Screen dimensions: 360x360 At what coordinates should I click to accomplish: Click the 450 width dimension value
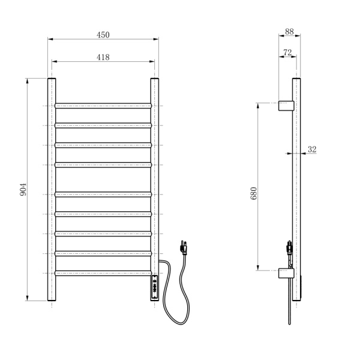click(x=103, y=35)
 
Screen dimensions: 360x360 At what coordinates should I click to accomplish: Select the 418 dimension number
click(x=103, y=57)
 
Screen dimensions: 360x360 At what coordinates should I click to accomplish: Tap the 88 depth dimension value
click(x=289, y=32)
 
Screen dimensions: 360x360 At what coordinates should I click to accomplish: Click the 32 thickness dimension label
click(x=312, y=149)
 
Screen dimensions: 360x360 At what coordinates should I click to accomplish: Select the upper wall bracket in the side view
click(x=286, y=106)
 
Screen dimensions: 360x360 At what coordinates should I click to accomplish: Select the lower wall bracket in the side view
click(x=286, y=274)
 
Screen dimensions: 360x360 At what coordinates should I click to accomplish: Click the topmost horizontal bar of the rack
click(x=103, y=106)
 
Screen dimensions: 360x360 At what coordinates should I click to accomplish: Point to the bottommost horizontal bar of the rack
click(x=103, y=273)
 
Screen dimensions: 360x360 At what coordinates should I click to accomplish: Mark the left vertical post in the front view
click(x=52, y=191)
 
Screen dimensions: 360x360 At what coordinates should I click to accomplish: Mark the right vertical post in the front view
click(x=155, y=180)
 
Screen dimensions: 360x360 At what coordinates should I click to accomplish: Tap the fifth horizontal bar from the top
click(x=103, y=193)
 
